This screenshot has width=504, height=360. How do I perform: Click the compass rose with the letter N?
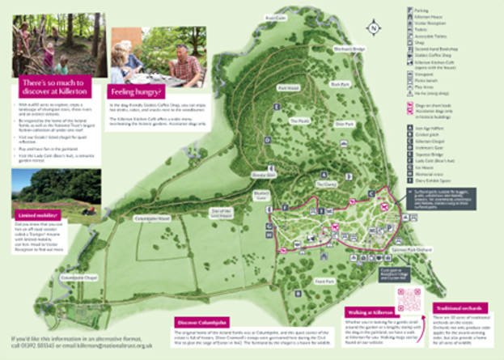pyautogui.click(x=372, y=28)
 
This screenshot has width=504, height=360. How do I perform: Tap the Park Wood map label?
pyautogui.click(x=289, y=87)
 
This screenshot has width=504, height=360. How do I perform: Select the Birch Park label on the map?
pyautogui.click(x=337, y=83)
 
